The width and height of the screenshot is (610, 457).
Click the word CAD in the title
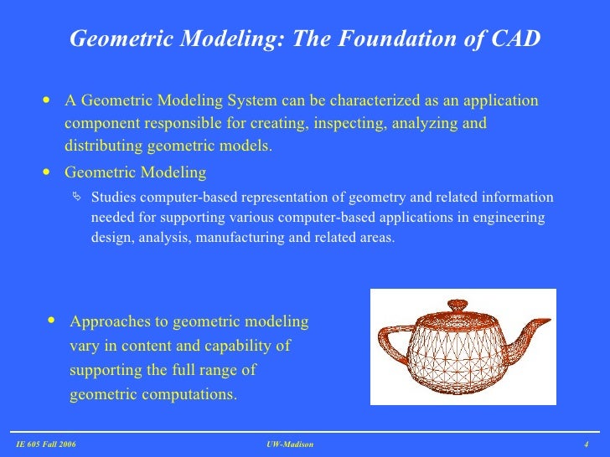coord(514,39)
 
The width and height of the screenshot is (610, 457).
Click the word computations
coord(189,393)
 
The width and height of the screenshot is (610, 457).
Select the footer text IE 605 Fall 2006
coord(46,444)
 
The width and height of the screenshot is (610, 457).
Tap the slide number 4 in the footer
coord(586,444)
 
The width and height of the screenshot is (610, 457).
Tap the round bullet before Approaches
coord(53,321)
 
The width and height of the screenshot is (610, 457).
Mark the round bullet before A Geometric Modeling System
coord(45,100)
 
